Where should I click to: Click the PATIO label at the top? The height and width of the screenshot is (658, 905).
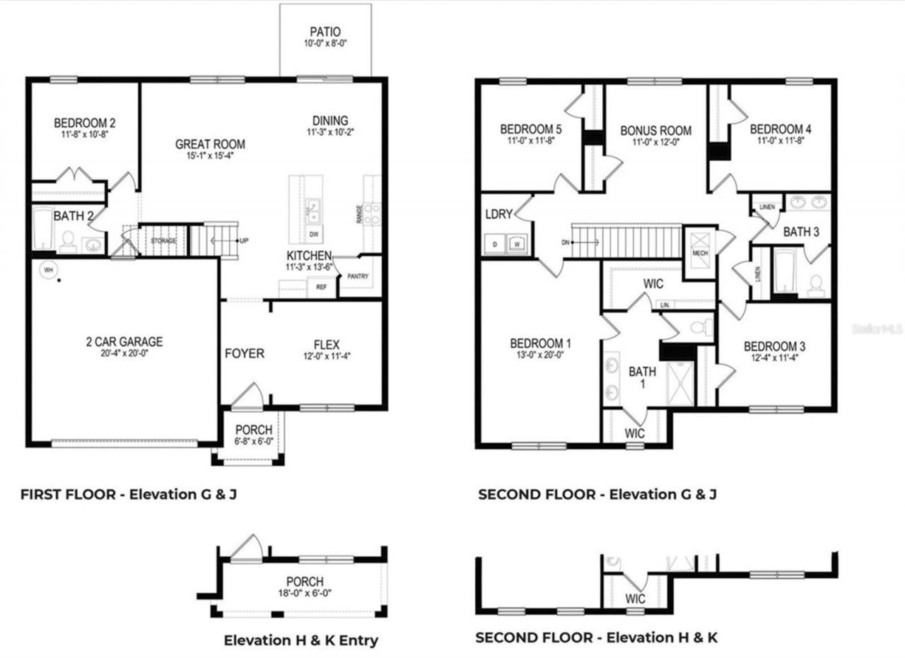pyautogui.click(x=325, y=32)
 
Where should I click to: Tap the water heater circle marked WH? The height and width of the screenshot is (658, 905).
pyautogui.click(x=48, y=269)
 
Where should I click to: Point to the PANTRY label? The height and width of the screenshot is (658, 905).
pyautogui.click(x=358, y=276)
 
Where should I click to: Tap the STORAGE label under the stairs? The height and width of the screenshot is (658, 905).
pyautogui.click(x=163, y=241)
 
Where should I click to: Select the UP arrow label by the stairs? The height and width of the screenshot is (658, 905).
pyautogui.click(x=244, y=241)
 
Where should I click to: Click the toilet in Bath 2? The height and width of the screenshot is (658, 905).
pyautogui.click(x=68, y=242)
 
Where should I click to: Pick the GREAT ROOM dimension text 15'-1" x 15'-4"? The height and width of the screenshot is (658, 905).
pyautogui.click(x=210, y=156)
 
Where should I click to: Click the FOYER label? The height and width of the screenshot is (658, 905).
pyautogui.click(x=245, y=353)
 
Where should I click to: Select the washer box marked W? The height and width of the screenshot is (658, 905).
pyautogui.click(x=518, y=244)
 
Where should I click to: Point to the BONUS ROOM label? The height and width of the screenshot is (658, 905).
pyautogui.click(x=655, y=131)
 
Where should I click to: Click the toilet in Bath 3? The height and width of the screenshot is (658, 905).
pyautogui.click(x=815, y=284)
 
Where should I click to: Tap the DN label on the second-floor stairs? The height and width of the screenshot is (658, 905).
pyautogui.click(x=566, y=242)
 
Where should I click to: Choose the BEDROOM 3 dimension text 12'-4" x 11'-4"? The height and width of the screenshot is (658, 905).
pyautogui.click(x=774, y=359)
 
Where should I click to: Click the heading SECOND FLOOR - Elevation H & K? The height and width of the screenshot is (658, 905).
pyautogui.click(x=596, y=638)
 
